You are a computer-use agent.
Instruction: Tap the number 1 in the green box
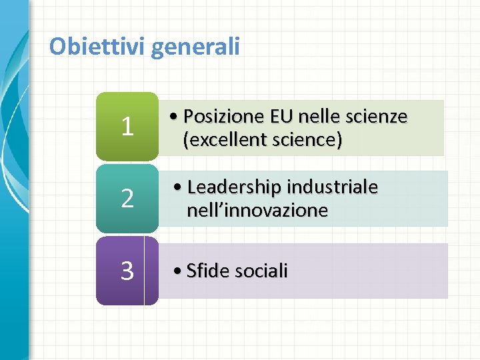[127, 127]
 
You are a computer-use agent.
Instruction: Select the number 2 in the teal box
[127, 199]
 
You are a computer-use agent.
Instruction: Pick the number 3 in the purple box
[127, 271]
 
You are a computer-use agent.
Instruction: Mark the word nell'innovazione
[257, 211]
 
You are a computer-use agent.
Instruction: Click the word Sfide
[207, 271]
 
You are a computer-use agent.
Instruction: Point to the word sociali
[261, 271]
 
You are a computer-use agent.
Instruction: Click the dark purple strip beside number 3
[151, 271]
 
